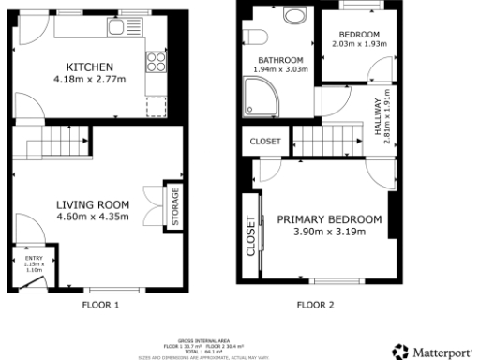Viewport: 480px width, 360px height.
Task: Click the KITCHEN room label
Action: click(90, 67)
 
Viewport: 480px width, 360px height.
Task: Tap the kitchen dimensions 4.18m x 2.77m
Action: click(90, 80)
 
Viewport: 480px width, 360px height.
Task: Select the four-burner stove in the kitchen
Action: click(156, 65)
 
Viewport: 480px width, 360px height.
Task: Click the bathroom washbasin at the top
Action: click(292, 16)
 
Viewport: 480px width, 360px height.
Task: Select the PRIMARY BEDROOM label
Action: click(329, 218)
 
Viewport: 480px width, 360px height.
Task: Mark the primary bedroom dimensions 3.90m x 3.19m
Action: click(329, 231)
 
